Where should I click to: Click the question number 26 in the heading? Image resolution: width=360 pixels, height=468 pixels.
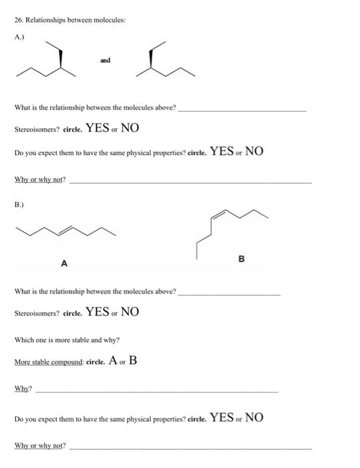(18, 21)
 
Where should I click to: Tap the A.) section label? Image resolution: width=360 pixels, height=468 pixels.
(20, 37)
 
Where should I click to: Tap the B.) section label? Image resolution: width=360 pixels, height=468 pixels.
(20, 199)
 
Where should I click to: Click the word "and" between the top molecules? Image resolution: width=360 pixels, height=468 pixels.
(106, 60)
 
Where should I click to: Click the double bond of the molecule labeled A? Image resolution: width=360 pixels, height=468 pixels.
(66, 229)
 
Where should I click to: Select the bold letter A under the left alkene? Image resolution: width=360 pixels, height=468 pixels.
(64, 263)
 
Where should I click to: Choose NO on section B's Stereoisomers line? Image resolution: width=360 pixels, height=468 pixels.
(130, 312)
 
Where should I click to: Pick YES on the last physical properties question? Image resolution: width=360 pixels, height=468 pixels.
(222, 418)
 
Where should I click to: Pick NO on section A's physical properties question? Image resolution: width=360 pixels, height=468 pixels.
(254, 151)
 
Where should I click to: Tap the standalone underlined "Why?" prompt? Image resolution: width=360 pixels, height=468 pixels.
(23, 388)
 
